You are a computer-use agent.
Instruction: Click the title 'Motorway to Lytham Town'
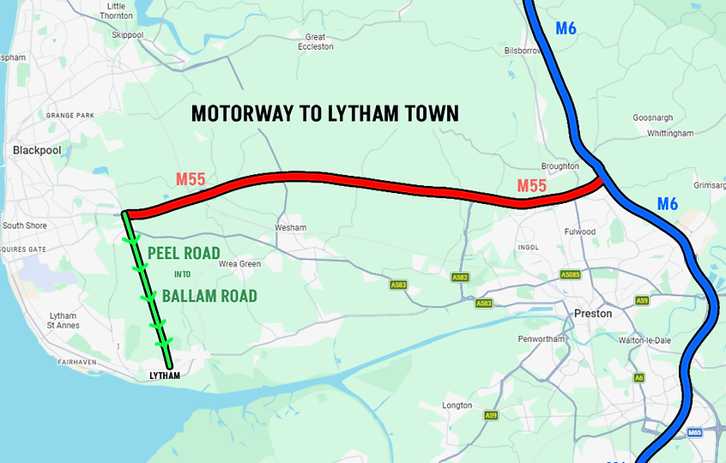[324, 113]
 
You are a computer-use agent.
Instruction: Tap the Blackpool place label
[37, 150]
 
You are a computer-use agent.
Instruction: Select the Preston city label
[593, 314]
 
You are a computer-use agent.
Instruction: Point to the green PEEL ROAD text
[184, 254]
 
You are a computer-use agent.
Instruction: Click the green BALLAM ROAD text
[209, 297]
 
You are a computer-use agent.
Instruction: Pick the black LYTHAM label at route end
[165, 376]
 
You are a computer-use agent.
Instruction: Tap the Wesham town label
[290, 228]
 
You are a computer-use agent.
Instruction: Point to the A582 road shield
[460, 278]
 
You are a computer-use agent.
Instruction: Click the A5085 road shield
[570, 275]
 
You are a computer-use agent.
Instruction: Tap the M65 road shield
[695, 433]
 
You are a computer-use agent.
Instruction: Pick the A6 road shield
[638, 377]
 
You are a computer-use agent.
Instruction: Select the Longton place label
[457, 406]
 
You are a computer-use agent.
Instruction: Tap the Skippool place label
[128, 35]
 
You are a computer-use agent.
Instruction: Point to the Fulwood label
[580, 231]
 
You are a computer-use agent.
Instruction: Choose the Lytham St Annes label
[64, 321]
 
